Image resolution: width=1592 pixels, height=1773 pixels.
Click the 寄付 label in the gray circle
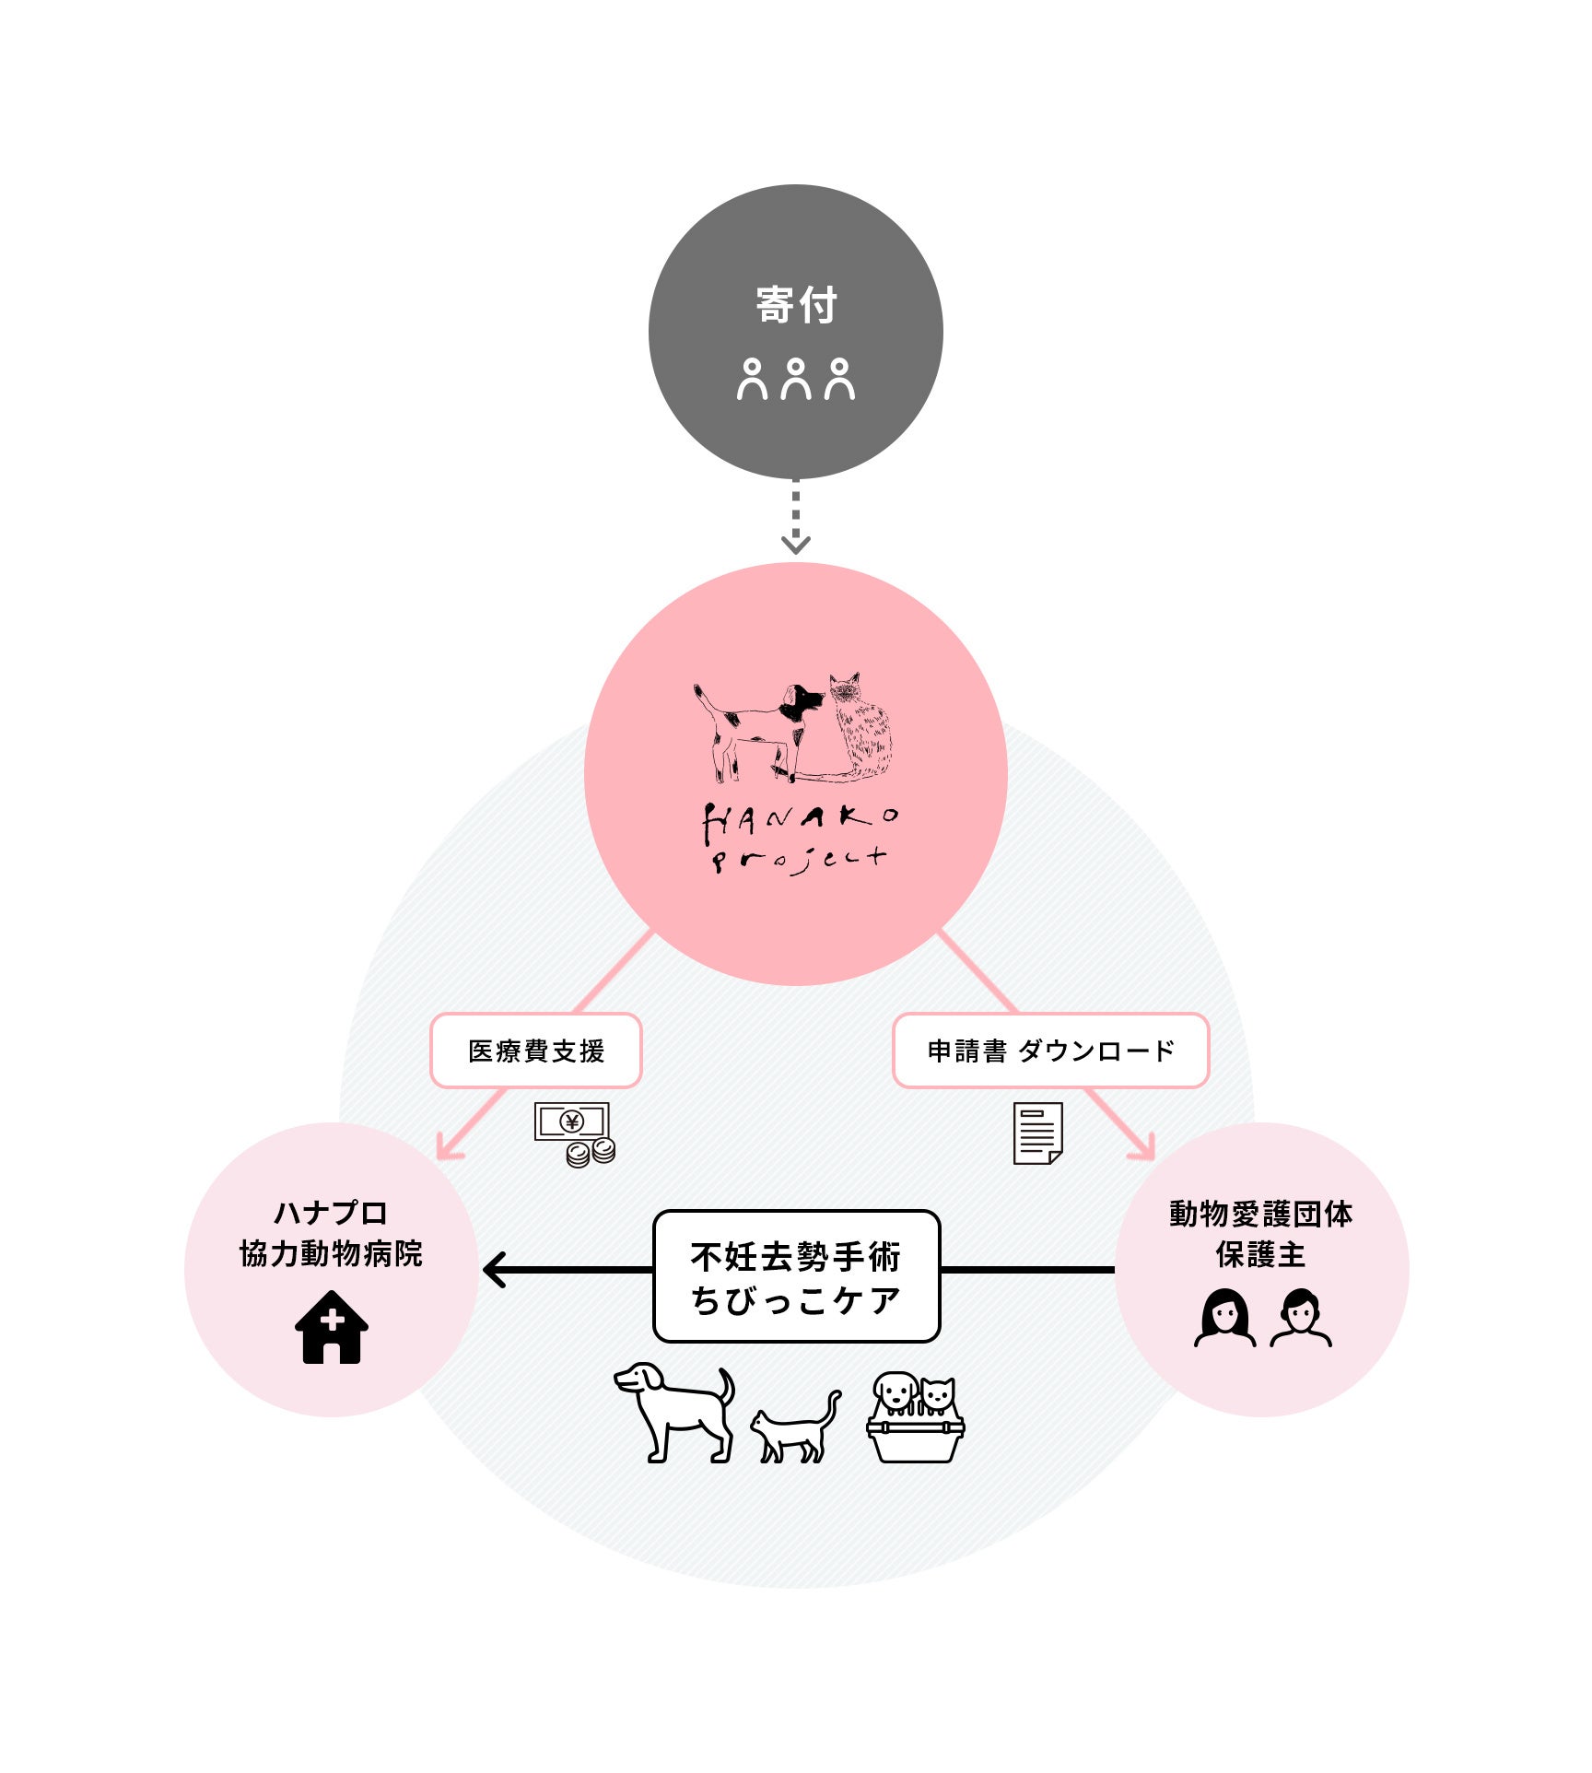796,305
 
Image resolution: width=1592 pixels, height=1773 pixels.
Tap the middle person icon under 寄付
796,380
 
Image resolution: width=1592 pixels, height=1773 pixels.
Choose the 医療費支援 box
536,1051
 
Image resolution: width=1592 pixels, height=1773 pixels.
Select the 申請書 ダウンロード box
1050,1051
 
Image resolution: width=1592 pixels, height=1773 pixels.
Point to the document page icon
1038,1133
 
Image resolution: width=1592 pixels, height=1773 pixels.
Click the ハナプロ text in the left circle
331,1213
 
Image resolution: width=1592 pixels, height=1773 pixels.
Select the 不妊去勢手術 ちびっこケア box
796,1276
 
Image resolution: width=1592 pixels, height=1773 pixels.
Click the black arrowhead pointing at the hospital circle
496,1270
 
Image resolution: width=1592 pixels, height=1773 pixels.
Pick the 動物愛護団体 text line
1261,1214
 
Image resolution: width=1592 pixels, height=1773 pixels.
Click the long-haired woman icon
1224,1318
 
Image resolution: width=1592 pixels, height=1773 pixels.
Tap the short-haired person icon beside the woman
1300,1318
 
